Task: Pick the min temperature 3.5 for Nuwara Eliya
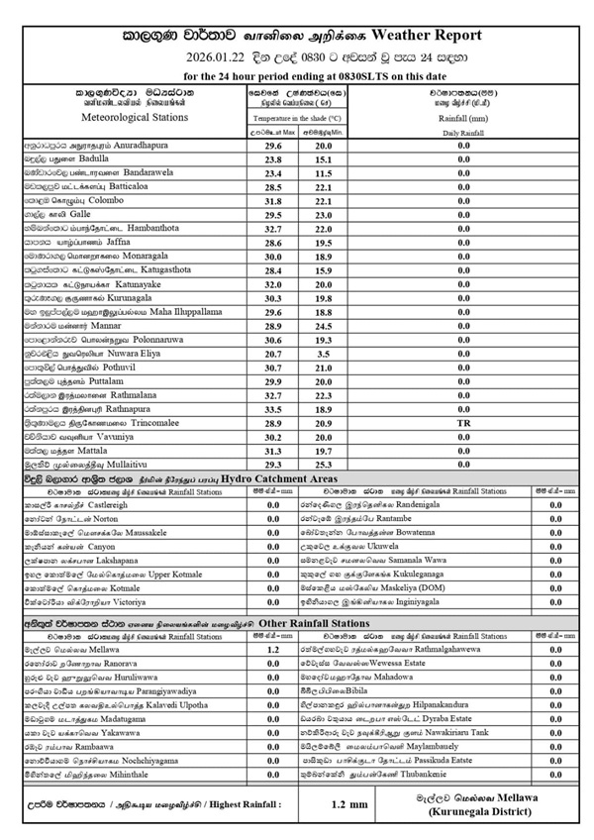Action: coord(350,353)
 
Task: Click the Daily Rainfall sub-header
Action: coord(463,131)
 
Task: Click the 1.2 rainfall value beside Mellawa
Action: coord(273,649)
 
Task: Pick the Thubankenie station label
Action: coord(451,779)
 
